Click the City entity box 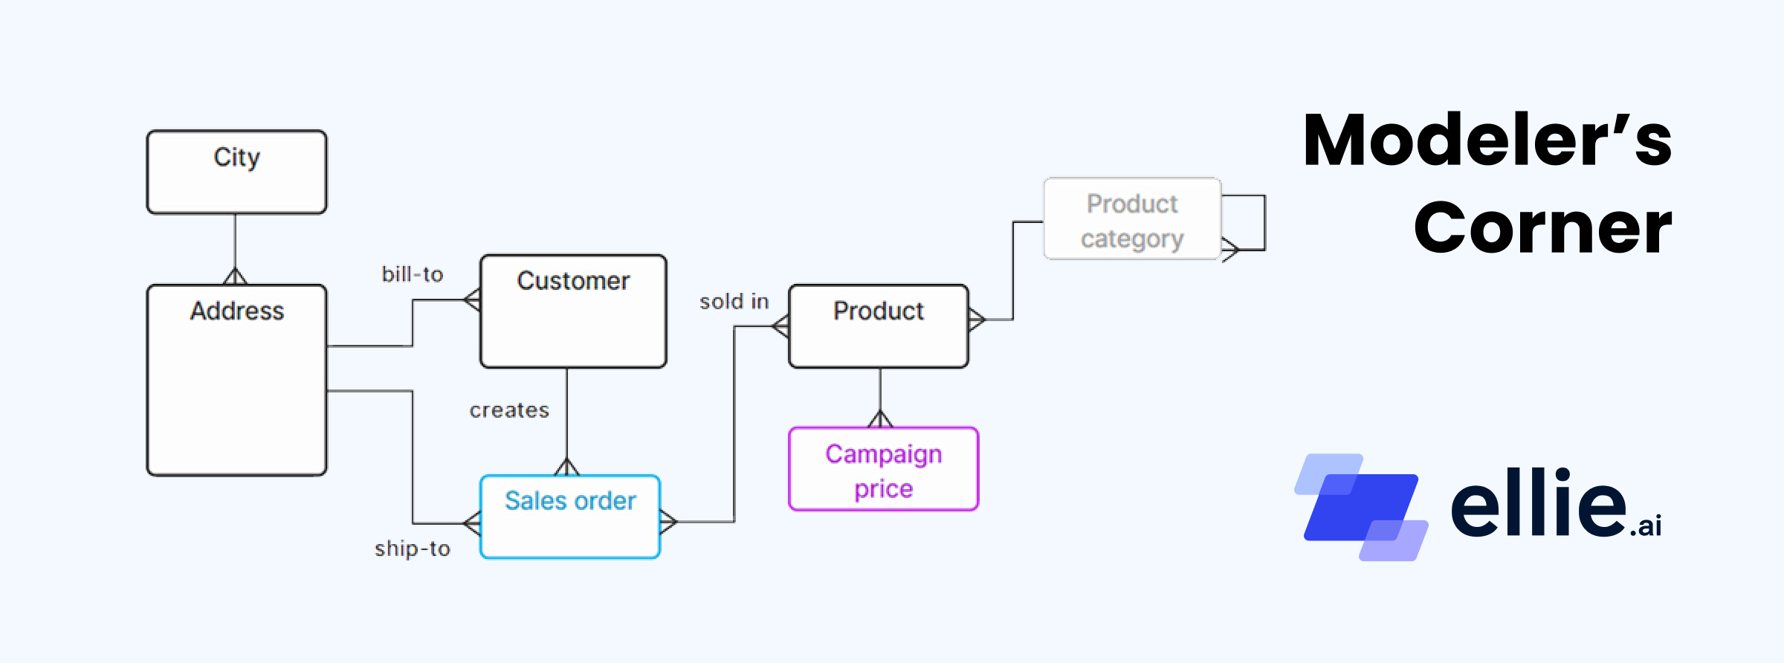tap(236, 172)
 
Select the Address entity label tap(236, 311)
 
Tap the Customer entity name tap(573, 281)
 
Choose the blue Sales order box tap(570, 517)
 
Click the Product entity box tap(879, 326)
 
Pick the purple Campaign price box tap(883, 469)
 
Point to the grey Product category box tap(1132, 219)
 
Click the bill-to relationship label tap(413, 274)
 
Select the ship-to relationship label tap(413, 549)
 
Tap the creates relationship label tap(509, 410)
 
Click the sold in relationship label tap(734, 302)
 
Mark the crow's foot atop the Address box tap(235, 276)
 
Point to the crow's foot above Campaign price tap(880, 419)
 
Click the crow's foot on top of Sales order tap(566, 468)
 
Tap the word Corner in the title tap(1542, 227)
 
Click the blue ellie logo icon tap(1360, 507)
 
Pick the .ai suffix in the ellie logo tap(1646, 526)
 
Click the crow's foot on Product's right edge tap(977, 320)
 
